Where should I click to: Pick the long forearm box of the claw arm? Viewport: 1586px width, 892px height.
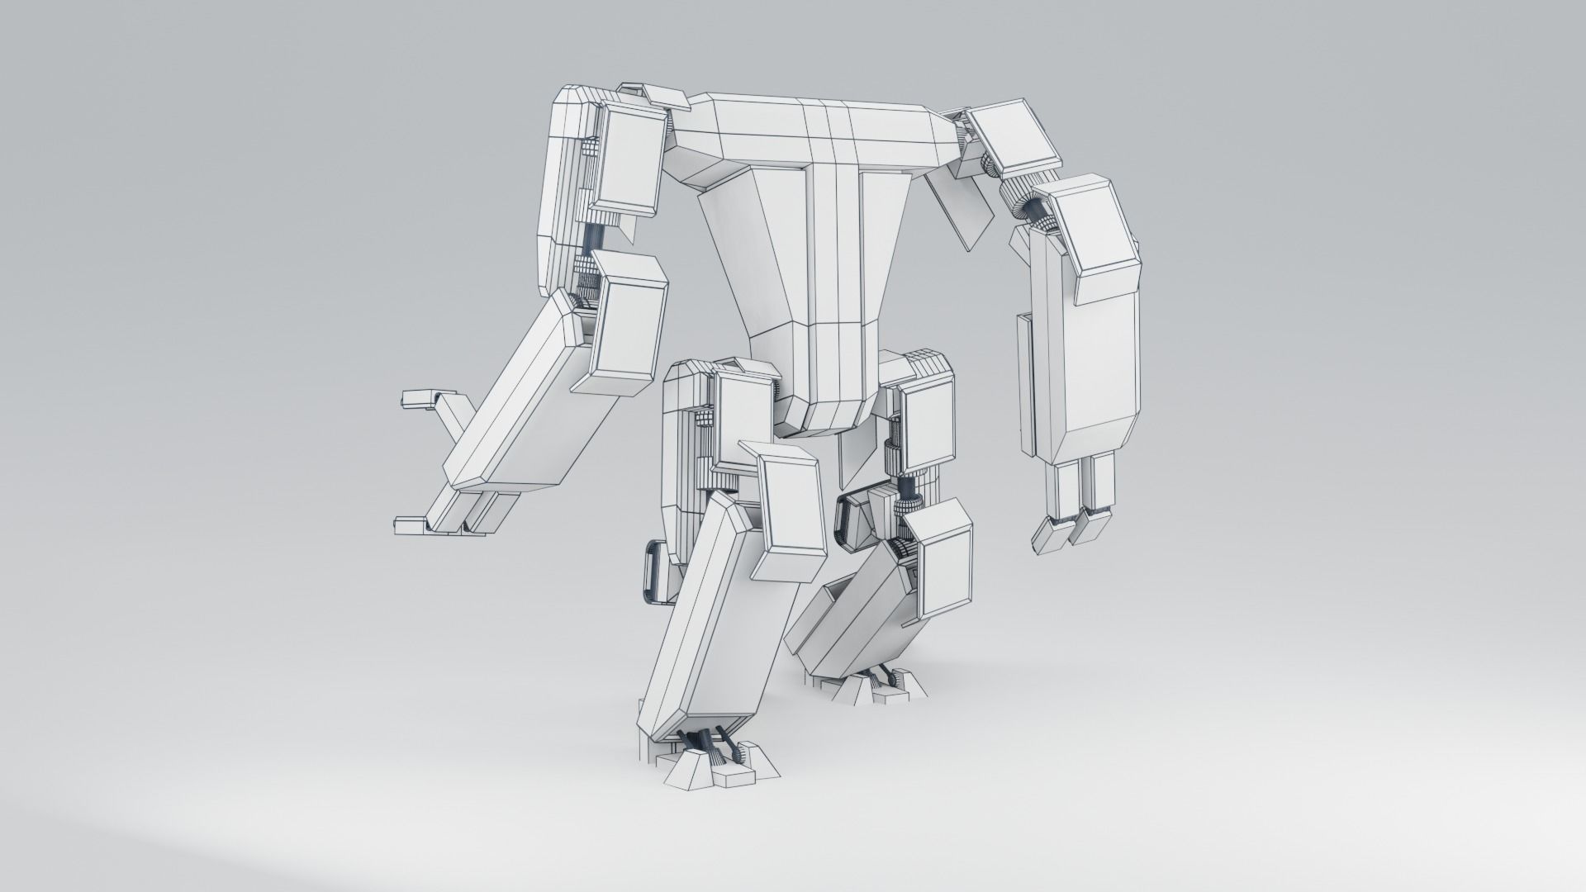tap(529, 405)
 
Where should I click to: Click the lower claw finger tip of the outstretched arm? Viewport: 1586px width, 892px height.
tap(408, 524)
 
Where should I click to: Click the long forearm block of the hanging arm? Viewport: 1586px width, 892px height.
tap(1090, 347)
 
